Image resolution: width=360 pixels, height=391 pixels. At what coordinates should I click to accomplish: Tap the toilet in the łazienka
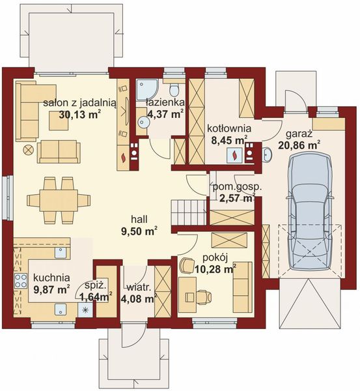(174, 90)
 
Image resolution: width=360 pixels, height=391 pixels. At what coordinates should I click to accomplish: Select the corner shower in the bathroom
(147, 90)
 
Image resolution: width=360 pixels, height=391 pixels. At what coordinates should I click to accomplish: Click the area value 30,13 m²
(80, 115)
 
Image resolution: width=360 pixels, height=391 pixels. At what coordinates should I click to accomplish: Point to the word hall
(139, 219)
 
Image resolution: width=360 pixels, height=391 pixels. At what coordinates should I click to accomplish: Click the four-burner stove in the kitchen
(21, 281)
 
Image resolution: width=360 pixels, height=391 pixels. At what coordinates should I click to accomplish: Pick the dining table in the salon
(59, 200)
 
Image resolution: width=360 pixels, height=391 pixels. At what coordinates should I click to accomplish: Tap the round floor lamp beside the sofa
(28, 151)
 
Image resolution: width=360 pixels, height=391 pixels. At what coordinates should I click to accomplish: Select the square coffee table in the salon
(59, 121)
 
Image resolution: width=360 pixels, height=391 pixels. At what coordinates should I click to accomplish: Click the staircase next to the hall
(189, 212)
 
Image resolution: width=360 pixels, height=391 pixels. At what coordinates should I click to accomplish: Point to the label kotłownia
(229, 128)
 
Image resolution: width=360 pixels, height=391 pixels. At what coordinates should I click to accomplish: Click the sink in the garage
(268, 154)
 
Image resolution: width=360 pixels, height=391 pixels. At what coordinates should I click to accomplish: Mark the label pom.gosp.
(237, 187)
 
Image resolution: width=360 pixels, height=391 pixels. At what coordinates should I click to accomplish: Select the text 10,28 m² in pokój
(215, 269)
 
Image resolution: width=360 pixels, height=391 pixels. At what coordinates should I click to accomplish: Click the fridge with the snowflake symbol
(85, 310)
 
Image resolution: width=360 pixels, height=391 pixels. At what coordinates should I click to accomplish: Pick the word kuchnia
(51, 278)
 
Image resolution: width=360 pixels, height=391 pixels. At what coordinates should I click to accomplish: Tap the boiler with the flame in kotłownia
(234, 155)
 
